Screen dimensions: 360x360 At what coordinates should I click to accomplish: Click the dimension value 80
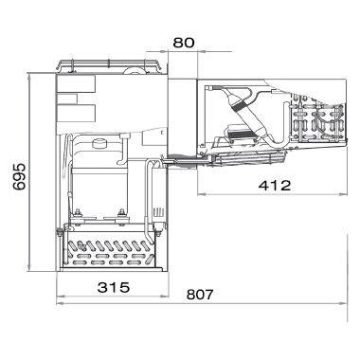(184, 43)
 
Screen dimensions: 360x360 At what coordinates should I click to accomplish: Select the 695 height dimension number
(19, 176)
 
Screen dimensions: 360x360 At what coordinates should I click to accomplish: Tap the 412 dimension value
(274, 186)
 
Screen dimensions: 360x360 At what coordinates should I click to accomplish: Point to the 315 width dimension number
(114, 287)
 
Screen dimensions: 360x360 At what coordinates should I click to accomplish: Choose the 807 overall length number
(200, 295)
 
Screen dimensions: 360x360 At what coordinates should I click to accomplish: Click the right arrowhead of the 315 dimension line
(165, 297)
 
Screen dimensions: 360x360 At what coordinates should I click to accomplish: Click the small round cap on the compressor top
(99, 143)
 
